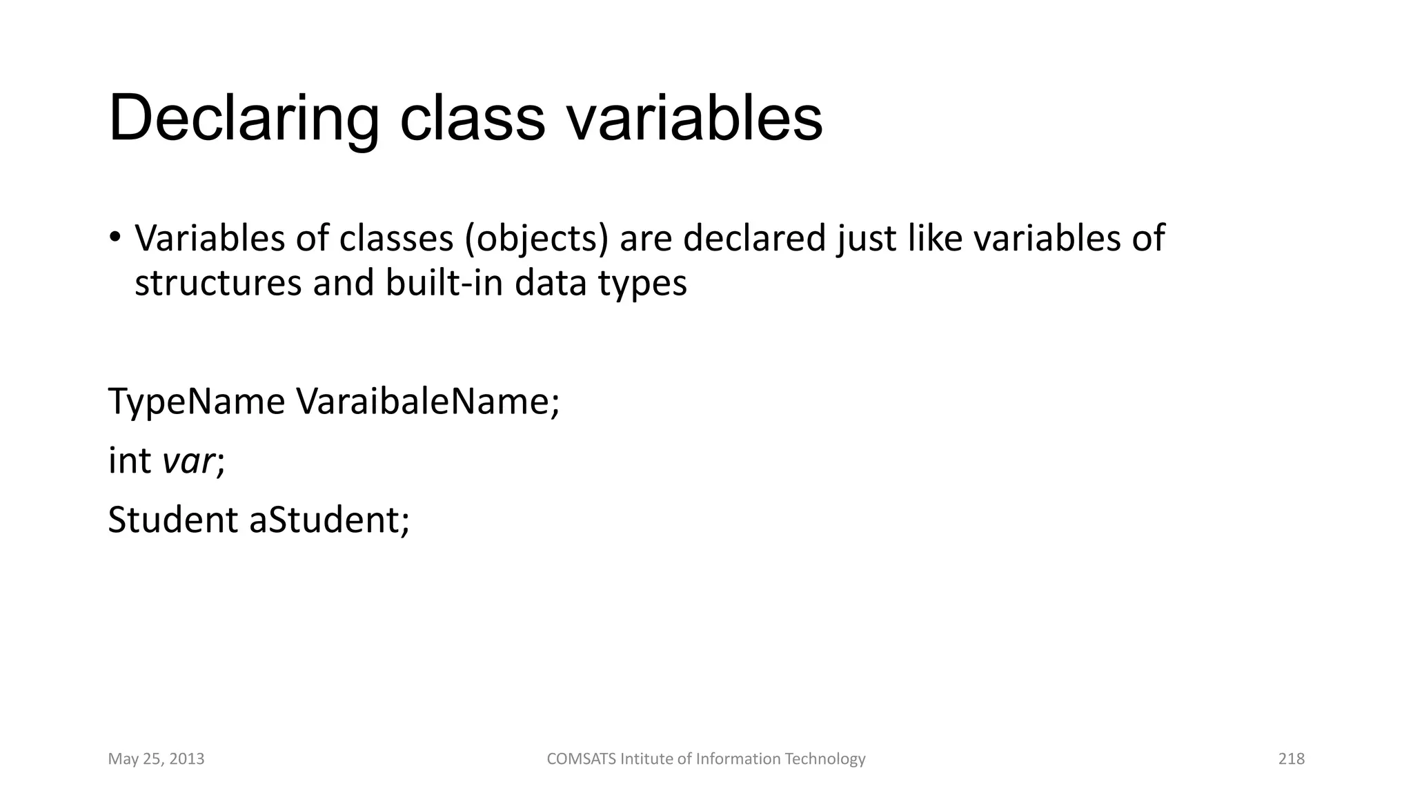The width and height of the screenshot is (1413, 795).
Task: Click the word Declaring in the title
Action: [x=244, y=119]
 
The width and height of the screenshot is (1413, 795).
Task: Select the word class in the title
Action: [x=473, y=119]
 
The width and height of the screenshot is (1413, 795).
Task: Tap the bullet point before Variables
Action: [x=115, y=237]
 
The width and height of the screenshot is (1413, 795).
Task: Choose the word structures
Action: [x=218, y=283]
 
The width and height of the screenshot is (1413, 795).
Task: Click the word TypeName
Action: [x=197, y=402]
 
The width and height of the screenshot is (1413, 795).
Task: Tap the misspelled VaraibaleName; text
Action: [x=428, y=402]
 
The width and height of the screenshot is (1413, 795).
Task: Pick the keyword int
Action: [x=130, y=460]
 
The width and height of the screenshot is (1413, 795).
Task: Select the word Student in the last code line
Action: [x=172, y=520]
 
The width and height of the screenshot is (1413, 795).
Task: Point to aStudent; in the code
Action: [x=329, y=520]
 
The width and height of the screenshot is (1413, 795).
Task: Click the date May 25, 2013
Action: [x=156, y=759]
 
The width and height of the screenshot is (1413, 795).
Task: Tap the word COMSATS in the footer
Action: [x=581, y=759]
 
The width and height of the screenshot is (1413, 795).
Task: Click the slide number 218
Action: [x=1291, y=759]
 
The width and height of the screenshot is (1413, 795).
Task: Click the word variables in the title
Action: [x=695, y=119]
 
